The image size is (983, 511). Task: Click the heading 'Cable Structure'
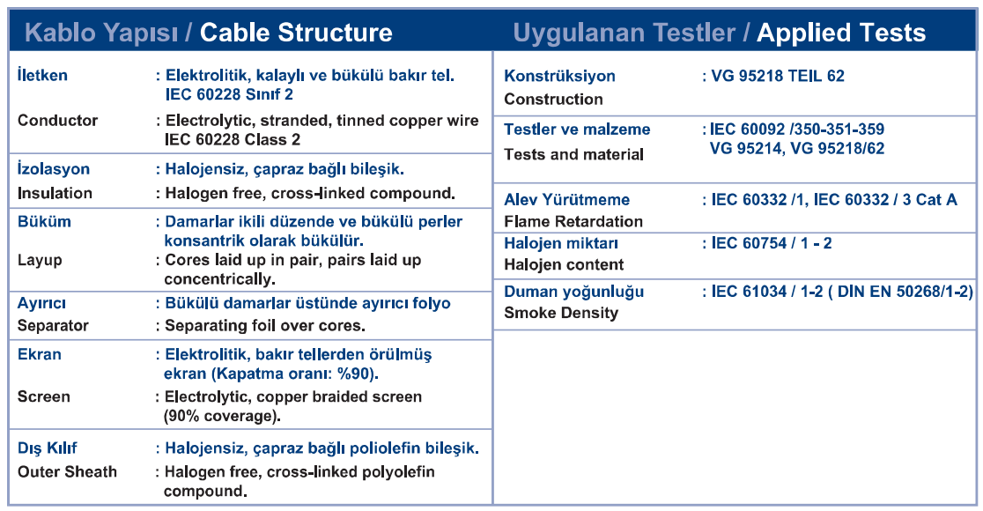click(296, 33)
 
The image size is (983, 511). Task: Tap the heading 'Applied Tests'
click(840, 33)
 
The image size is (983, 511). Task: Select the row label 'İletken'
click(42, 75)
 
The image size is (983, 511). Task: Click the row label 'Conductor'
click(57, 121)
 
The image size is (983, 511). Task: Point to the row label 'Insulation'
click(55, 193)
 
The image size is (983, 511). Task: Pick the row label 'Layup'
click(40, 260)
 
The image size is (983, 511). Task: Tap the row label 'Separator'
click(53, 326)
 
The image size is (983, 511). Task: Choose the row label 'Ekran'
click(40, 354)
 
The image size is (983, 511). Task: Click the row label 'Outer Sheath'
click(67, 471)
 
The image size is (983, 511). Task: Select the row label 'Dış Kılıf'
click(47, 448)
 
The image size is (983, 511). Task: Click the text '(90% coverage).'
click(222, 417)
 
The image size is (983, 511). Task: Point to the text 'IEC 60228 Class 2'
click(233, 139)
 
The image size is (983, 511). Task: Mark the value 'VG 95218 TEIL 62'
click(778, 76)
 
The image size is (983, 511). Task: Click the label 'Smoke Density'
click(561, 313)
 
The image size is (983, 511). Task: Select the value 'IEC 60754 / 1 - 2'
click(771, 243)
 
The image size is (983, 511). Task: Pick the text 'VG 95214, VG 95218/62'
click(797, 149)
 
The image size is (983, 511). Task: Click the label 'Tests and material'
click(574, 154)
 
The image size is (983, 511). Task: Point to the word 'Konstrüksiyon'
click(560, 77)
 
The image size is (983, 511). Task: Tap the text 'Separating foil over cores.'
click(265, 326)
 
